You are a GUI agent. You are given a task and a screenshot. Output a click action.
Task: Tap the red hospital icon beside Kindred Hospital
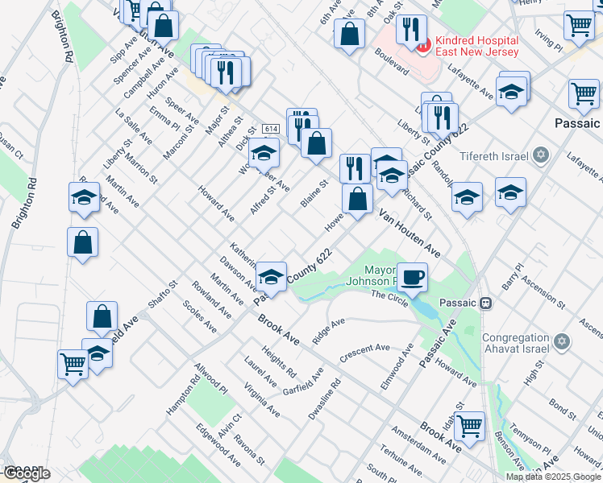(422, 43)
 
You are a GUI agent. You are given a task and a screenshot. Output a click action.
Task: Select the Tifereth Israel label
(493, 155)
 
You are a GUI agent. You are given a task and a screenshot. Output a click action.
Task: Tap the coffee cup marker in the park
(412, 278)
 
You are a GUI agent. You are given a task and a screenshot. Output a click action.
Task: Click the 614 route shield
(270, 129)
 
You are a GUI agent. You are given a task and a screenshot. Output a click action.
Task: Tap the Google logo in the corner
(26, 473)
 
